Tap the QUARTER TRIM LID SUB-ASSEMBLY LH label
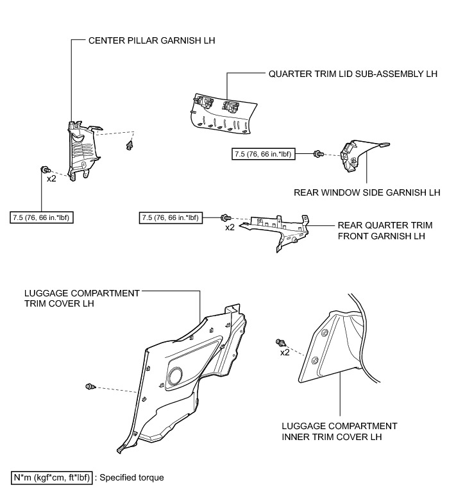(353, 74)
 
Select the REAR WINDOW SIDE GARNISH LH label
(367, 192)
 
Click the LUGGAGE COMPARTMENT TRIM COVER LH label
(81, 298)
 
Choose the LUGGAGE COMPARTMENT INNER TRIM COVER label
(339, 432)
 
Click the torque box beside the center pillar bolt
(41, 218)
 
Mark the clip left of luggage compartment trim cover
(90, 386)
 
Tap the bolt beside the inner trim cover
(280, 342)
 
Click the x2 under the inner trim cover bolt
(285, 353)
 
